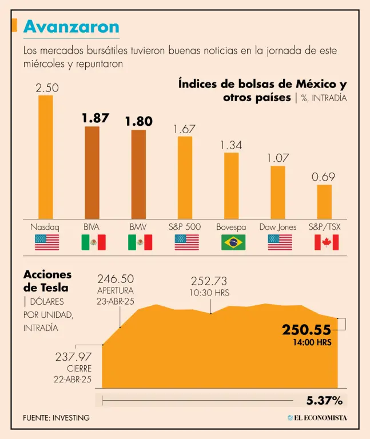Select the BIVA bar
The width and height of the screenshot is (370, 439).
[92, 171]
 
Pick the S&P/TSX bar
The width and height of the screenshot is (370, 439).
[324, 201]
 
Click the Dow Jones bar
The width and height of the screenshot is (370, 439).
[278, 191]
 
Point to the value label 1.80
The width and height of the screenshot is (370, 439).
[139, 121]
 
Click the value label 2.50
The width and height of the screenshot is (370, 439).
[47, 88]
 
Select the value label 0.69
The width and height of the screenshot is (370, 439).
[324, 177]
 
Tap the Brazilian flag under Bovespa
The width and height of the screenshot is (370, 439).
[233, 242]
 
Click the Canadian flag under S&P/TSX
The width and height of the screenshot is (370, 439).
[327, 242]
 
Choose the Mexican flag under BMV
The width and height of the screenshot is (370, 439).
[140, 242]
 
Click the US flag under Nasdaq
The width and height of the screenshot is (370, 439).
[47, 242]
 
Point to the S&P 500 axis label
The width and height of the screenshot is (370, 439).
[185, 227]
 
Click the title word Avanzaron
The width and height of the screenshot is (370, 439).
[71, 26]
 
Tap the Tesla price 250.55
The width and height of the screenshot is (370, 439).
[307, 330]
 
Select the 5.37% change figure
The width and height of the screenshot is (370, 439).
[324, 400]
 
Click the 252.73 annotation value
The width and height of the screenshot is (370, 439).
[209, 281]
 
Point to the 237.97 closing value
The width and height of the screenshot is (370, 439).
[73, 357]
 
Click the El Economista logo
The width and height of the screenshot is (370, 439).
[317, 418]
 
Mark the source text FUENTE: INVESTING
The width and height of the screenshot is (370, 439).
[56, 418]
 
